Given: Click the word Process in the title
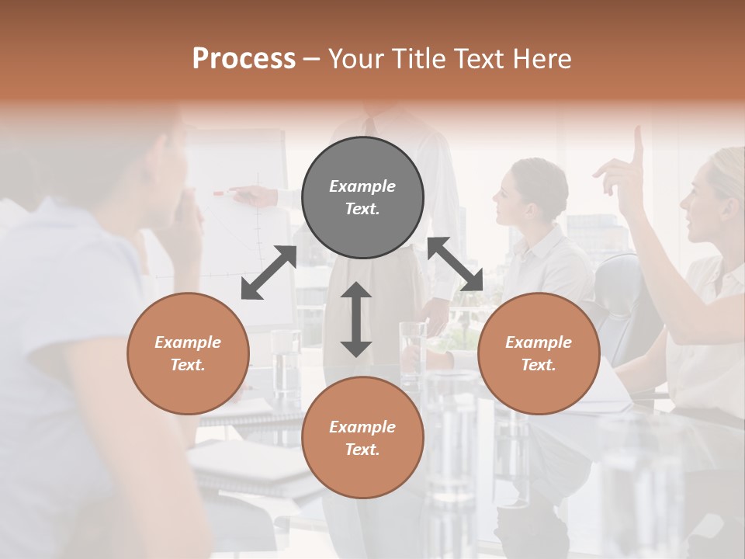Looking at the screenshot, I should click(244, 59).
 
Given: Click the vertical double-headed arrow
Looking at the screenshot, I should click(356, 319).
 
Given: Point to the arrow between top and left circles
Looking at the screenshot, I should click(269, 273).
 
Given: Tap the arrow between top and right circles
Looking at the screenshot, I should click(456, 264).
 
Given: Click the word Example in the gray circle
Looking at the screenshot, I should click(362, 186).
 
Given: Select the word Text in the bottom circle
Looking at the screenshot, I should click(361, 450).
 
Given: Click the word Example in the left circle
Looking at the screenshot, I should click(188, 342).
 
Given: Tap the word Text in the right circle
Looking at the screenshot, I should click(537, 365).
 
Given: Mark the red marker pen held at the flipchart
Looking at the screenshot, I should click(218, 193).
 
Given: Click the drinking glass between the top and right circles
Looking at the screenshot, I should click(411, 342).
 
